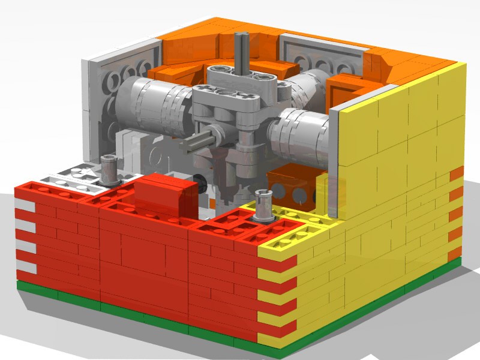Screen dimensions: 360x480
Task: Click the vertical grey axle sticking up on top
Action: pyautogui.click(x=243, y=51)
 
